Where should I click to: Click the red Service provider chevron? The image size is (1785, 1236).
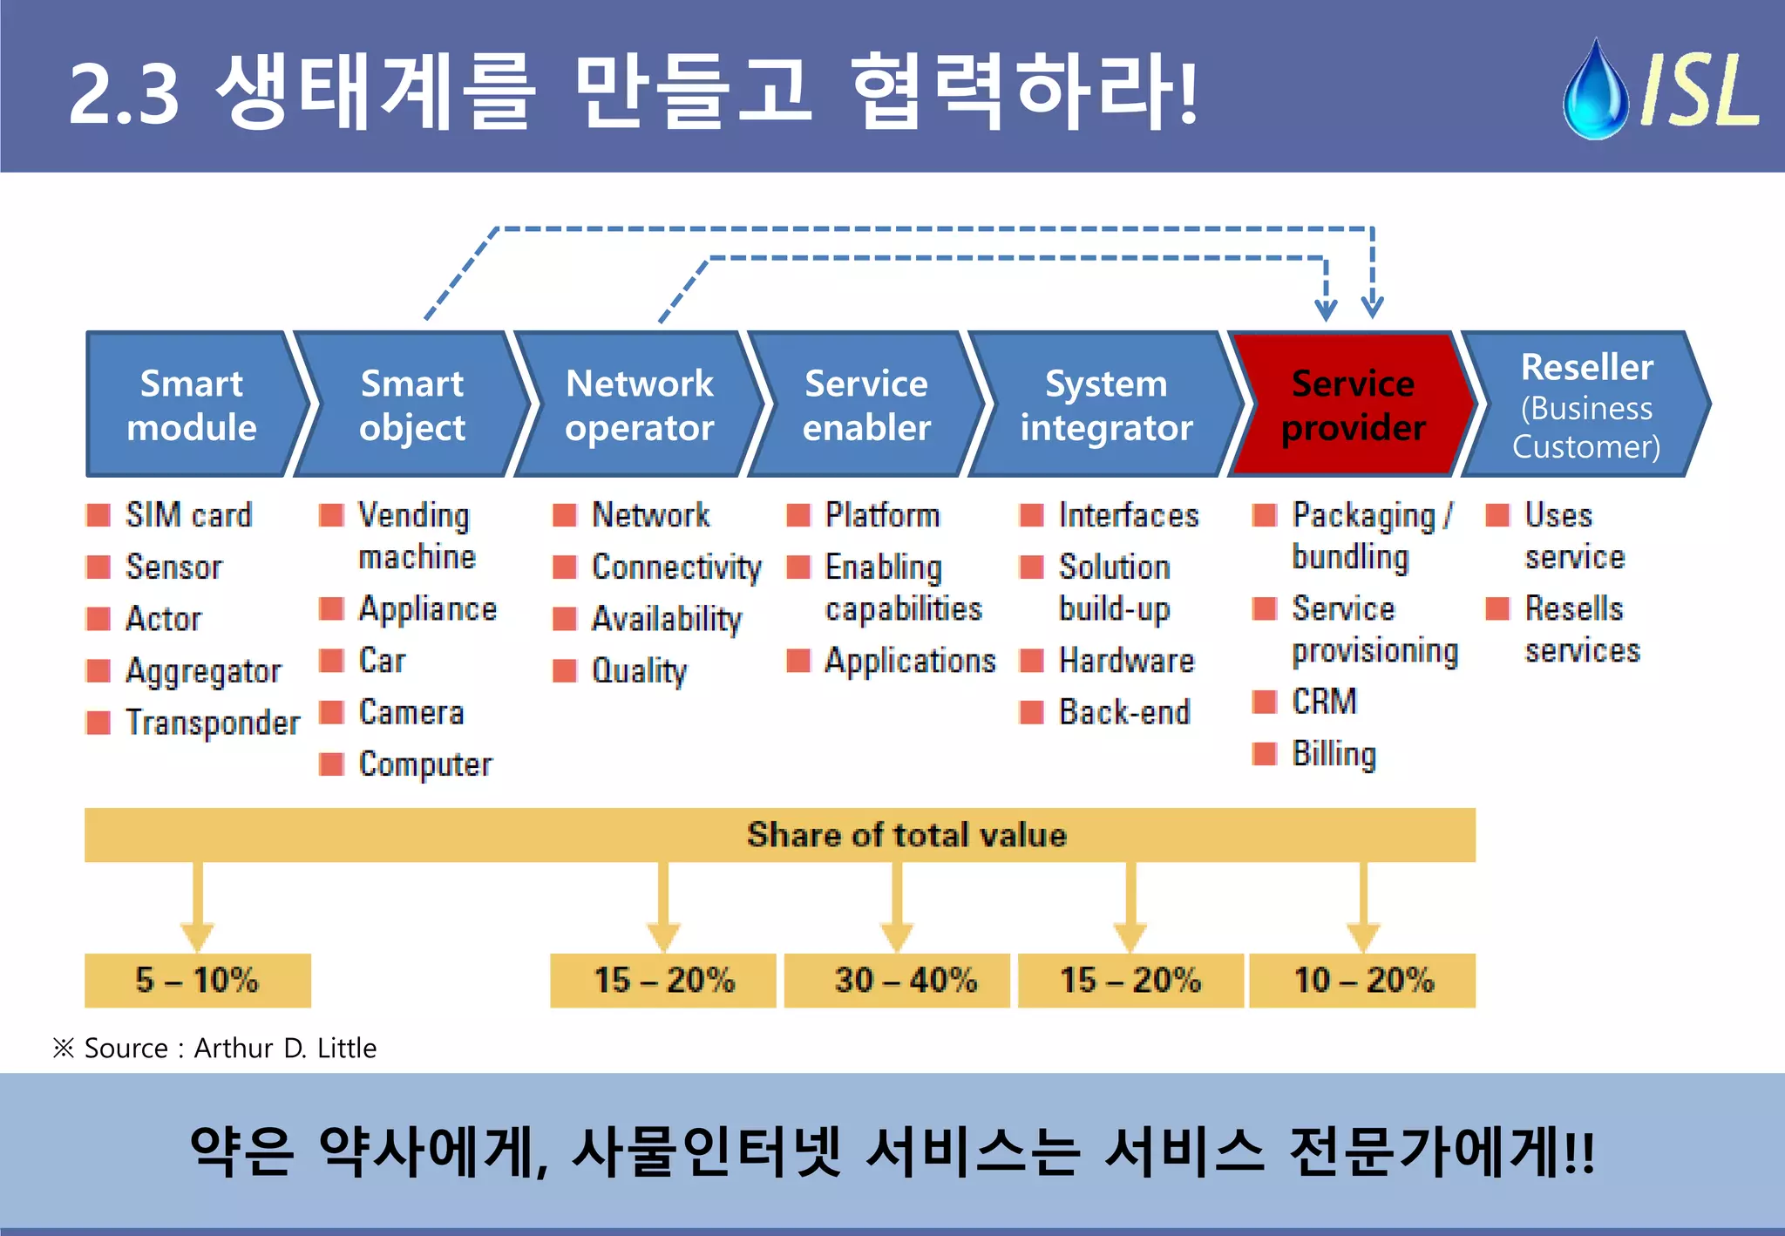1352,405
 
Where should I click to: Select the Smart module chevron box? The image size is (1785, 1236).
192,405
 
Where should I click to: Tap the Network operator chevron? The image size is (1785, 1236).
639,405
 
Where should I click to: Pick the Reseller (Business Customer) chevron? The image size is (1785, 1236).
1585,405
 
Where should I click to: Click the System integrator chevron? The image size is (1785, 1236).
1105,405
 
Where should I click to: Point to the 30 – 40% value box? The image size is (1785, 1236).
897,980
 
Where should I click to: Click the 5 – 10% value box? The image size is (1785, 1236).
197,980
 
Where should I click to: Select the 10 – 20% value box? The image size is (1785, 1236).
1362,980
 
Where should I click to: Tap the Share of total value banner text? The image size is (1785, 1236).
906,835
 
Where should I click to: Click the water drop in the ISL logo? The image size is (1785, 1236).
1595,92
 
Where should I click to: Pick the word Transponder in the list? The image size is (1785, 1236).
212,723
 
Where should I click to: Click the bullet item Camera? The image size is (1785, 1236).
411,712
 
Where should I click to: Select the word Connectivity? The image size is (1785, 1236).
676,567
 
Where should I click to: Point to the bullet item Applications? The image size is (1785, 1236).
909,661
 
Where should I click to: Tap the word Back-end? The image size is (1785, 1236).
1123,712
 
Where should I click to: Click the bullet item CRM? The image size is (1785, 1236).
1324,701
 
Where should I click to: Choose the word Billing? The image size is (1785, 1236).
1334,754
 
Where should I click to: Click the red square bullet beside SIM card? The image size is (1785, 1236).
98,515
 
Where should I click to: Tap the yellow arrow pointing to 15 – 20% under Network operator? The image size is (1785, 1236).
663,907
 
